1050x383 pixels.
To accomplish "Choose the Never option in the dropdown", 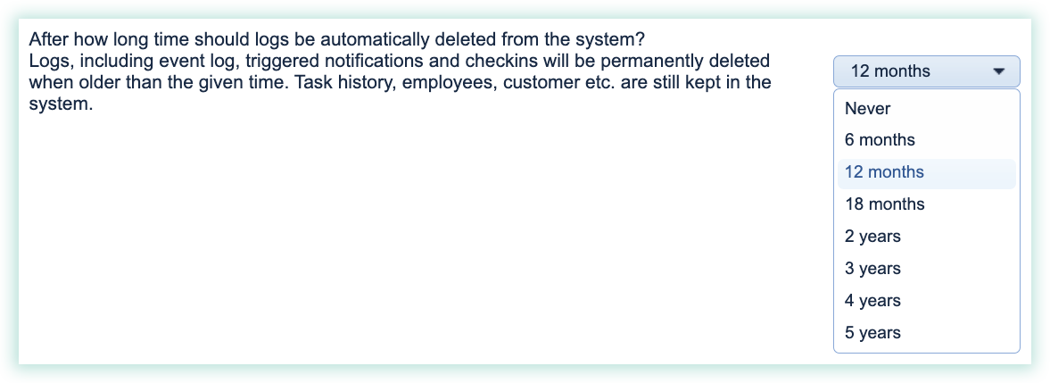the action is [867, 108].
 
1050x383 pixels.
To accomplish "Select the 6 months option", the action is [880, 140].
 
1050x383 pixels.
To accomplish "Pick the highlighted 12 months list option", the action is [884, 172].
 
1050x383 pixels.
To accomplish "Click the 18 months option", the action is [884, 204].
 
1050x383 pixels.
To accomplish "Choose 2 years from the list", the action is [872, 237].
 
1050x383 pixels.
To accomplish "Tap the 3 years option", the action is [872, 269].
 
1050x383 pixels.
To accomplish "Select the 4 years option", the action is [872, 301].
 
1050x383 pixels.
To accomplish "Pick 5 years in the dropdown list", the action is [872, 333].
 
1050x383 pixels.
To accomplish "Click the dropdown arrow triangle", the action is [999, 71].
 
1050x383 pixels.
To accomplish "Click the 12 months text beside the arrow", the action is [890, 71].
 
